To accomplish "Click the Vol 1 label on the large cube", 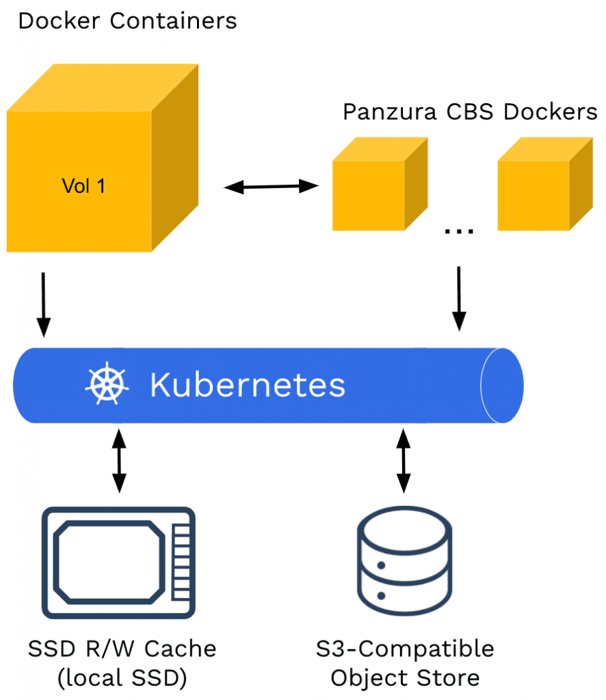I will click(x=83, y=186).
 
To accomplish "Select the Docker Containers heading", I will click(x=127, y=21).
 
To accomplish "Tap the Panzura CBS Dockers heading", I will click(x=470, y=111).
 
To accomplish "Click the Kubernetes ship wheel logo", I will click(x=107, y=384).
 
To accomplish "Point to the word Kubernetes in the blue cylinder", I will click(x=248, y=385).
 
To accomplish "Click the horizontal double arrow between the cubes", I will click(x=272, y=186).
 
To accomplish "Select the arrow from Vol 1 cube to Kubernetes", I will click(x=44, y=304).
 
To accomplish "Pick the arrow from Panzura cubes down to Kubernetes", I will click(x=459, y=297).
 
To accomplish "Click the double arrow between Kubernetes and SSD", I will click(x=119, y=460).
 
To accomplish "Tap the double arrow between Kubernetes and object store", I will click(x=404, y=460).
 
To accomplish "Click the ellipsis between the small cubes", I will click(x=459, y=231).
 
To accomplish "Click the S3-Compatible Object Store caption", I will click(x=404, y=662).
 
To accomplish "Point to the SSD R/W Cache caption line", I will click(x=122, y=648).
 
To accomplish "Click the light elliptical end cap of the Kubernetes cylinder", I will click(x=502, y=385).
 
